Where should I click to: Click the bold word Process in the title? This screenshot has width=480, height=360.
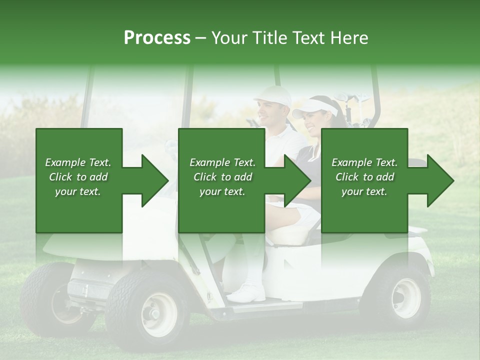(x=157, y=38)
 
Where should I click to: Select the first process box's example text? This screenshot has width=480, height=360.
(x=78, y=177)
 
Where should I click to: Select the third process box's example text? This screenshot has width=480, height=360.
(x=364, y=177)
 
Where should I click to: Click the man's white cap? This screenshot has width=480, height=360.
(x=273, y=95)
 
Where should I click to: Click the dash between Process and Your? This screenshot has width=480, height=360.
(x=200, y=38)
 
